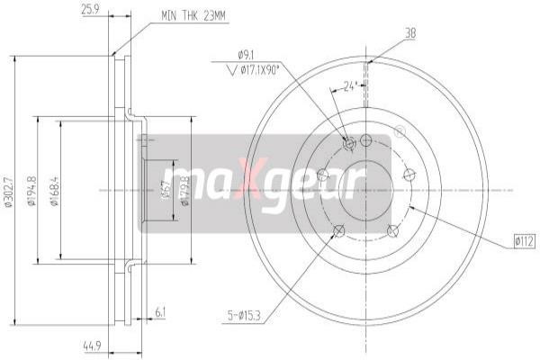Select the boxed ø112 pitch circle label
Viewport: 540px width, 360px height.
524,239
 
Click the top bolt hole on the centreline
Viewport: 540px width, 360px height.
366,139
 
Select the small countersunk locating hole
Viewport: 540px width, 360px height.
350,141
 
